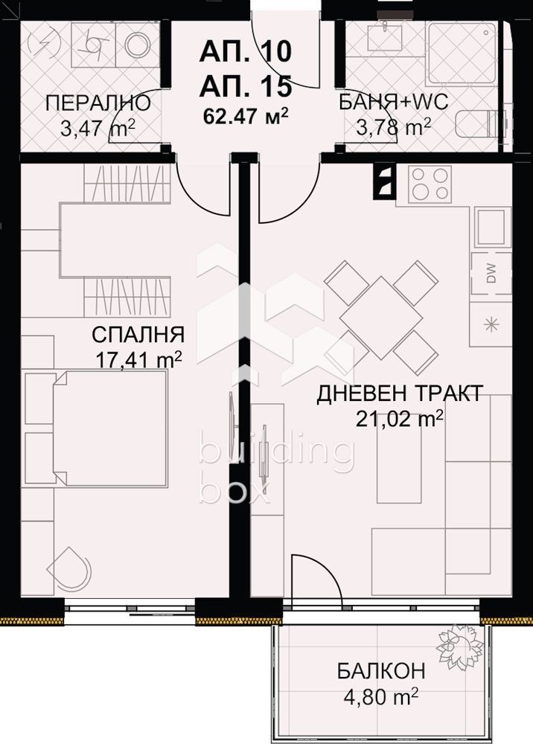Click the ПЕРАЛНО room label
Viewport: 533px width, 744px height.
click(98, 103)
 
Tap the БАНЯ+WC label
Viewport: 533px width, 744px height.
click(394, 103)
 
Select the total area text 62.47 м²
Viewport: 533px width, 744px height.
click(246, 115)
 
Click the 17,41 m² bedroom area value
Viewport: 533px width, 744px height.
click(139, 359)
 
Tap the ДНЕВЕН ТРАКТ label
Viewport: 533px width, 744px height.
click(400, 393)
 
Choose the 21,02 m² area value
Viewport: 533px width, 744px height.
click(400, 420)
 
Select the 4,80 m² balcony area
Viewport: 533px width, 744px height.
click(380, 697)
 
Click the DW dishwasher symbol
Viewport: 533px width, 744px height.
click(492, 275)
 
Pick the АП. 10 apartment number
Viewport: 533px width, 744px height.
click(246, 54)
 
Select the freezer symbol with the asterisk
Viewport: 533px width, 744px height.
click(491, 323)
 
